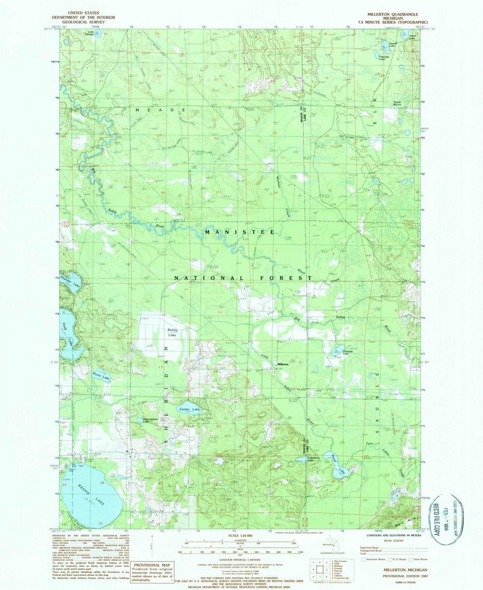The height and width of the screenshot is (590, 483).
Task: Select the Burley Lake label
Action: coord(174,332)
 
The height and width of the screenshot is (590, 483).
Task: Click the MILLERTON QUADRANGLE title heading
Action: coord(396,14)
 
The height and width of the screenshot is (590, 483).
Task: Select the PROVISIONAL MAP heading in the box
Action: coord(152,565)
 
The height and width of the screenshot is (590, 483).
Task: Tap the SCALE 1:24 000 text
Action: coord(240,536)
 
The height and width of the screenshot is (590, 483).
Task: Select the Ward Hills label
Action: coord(401,520)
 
